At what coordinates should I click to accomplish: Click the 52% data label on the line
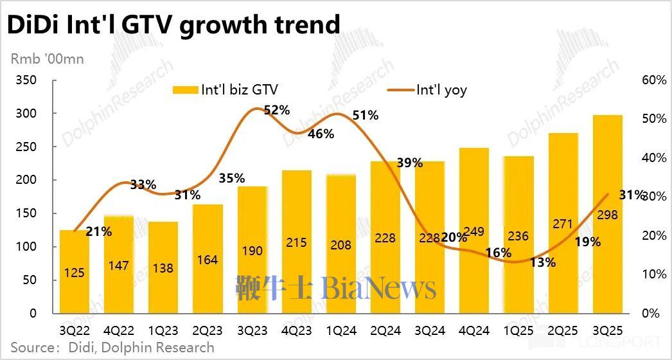(277, 110)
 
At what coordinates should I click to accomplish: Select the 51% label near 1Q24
(366, 116)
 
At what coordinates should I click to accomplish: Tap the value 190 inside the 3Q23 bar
(252, 251)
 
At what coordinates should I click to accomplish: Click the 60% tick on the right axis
(653, 80)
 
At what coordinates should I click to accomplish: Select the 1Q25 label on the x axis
(518, 330)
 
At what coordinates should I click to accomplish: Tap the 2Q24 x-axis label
(385, 330)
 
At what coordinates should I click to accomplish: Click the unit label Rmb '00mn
(48, 59)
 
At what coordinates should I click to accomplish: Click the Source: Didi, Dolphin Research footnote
(112, 348)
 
